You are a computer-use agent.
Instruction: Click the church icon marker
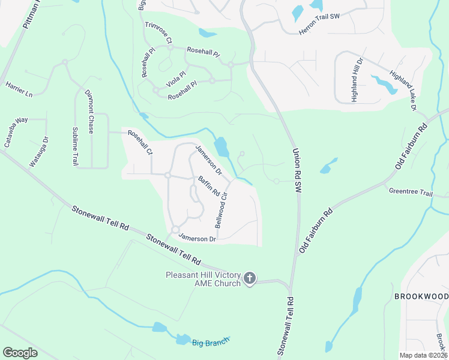pyautogui.click(x=250, y=279)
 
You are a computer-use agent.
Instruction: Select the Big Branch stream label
pyautogui.click(x=211, y=343)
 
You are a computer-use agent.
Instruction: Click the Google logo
pyautogui.click(x=20, y=353)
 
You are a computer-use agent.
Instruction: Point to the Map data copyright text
pyautogui.click(x=424, y=355)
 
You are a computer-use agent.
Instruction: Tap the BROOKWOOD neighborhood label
pyautogui.click(x=421, y=297)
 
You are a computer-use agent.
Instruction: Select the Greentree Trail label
pyautogui.click(x=411, y=193)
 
